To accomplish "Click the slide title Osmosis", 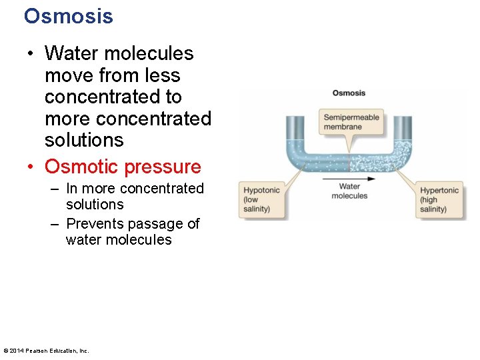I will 68,16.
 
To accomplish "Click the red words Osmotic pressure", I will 123,167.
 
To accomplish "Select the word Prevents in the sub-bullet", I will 93,224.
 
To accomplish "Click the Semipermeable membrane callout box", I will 351,122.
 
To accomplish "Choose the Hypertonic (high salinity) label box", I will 439,199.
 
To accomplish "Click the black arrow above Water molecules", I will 349,179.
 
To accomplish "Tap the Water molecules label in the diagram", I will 349,191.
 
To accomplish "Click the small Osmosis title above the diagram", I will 349,93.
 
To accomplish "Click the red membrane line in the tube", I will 349,163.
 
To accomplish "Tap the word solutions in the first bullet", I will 84,140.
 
